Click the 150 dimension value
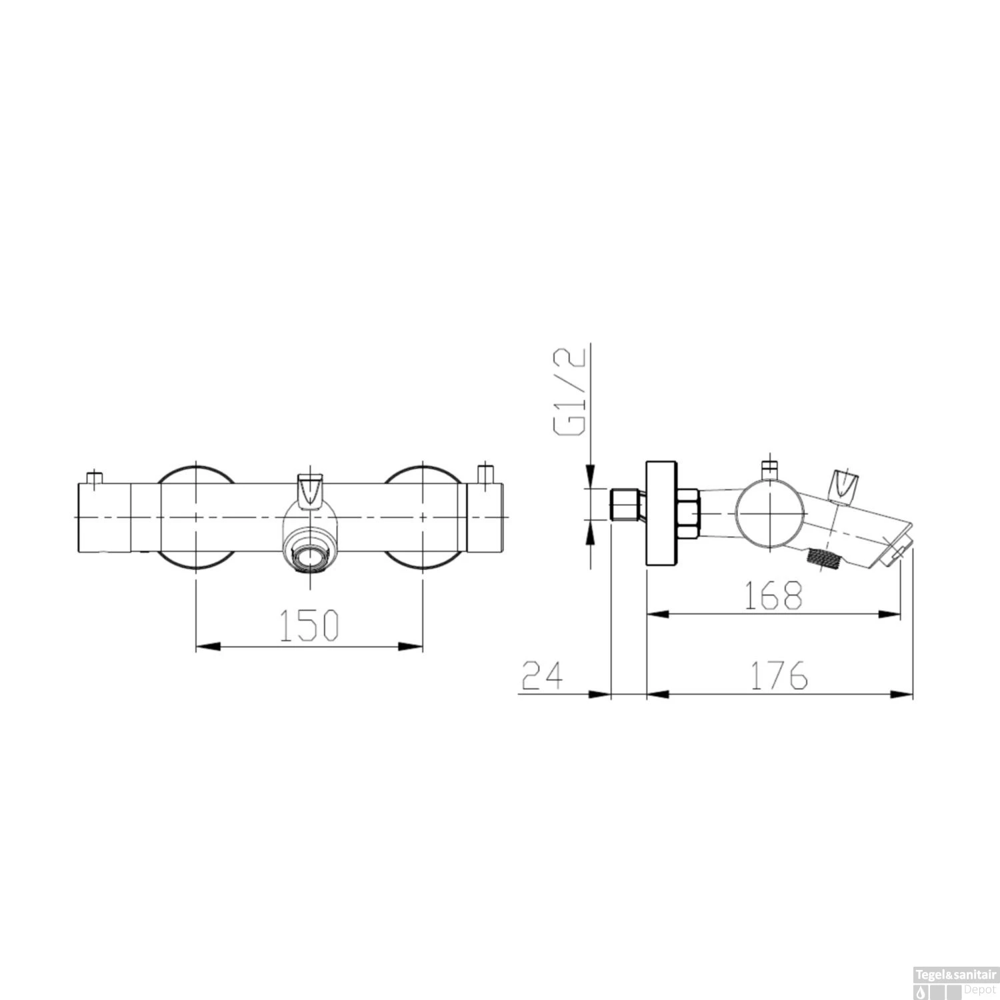pos(309,625)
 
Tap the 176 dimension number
pos(779,675)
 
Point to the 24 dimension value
pos(542,675)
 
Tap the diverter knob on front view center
pos(311,490)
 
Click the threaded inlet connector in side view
pos(626,505)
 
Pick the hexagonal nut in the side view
pos(687,513)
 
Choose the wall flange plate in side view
pos(661,513)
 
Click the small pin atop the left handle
pos(95,477)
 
